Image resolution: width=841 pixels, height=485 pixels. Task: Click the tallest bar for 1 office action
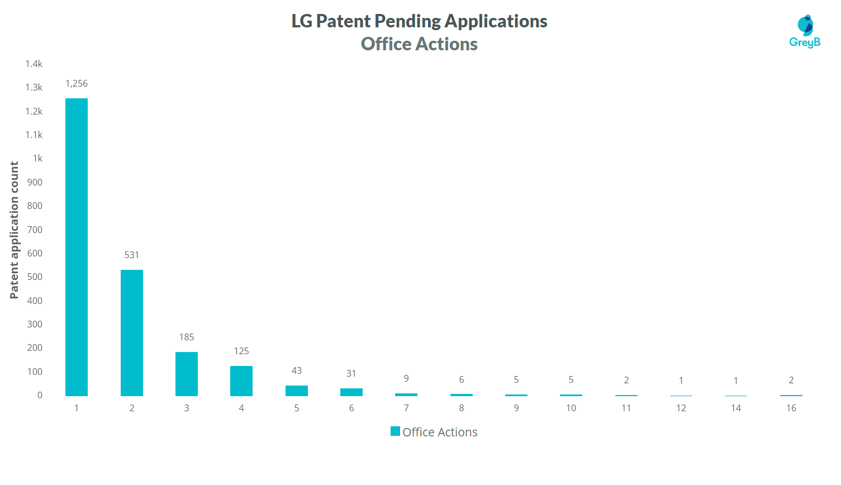77,247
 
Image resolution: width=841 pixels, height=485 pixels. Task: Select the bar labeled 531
132,332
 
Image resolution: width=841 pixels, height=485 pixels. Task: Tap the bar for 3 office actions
187,374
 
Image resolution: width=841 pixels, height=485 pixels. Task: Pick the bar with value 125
241,381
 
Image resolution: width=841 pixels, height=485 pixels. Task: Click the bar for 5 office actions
297,391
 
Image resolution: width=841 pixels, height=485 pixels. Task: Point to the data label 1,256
77,84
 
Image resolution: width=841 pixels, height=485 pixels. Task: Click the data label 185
187,337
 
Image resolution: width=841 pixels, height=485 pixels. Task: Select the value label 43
297,370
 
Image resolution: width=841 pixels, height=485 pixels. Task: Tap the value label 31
351,373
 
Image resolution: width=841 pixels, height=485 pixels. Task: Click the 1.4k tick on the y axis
34,64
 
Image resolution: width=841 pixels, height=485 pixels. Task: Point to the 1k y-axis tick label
37,158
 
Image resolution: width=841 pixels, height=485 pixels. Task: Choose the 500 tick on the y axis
35,277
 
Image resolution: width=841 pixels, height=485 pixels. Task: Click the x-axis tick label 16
791,408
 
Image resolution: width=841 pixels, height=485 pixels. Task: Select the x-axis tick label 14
736,408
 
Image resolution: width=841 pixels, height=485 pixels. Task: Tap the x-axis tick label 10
571,408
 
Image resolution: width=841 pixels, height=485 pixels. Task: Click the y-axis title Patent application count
15,230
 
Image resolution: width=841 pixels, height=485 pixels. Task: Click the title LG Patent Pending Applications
419,21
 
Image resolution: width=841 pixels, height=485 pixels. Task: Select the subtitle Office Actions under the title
419,44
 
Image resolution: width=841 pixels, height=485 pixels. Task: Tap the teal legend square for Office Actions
395,431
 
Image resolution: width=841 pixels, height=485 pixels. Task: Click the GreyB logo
805,31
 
